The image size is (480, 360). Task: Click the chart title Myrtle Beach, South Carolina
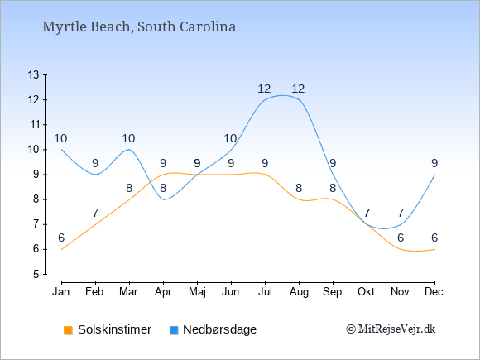tap(139, 26)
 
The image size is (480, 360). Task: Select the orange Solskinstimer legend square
tap(68, 330)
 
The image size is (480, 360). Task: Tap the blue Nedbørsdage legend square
tap(174, 330)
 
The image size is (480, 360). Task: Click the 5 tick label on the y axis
tap(36, 274)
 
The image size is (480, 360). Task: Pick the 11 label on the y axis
tap(34, 125)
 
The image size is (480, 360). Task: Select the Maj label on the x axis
tap(197, 292)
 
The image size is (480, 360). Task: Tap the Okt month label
tap(367, 292)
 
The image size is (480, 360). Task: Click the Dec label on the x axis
tap(434, 292)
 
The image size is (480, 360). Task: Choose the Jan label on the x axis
tap(61, 292)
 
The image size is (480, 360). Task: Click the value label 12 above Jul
tap(264, 89)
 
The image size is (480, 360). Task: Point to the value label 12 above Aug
tap(298, 89)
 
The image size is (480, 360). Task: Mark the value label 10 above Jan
tap(60, 139)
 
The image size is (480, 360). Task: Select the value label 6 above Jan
tap(61, 238)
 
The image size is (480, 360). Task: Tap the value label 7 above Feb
tap(95, 213)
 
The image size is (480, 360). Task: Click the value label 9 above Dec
tap(434, 164)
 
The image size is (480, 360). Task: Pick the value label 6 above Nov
tap(401, 238)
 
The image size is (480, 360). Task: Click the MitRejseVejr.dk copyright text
tap(391, 329)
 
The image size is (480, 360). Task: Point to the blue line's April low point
tap(165, 199)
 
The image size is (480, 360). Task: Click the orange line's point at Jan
tap(61, 249)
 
